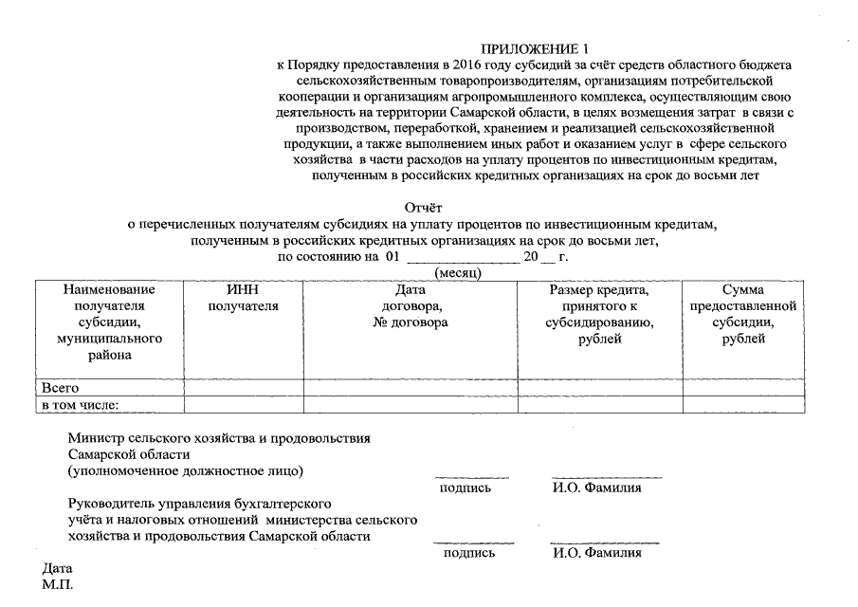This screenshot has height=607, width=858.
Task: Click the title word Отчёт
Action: [425, 207]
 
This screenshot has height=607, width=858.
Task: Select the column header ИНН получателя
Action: [244, 298]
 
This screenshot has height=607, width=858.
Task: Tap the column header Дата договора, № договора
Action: [411, 306]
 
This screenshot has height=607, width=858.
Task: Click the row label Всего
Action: [60, 387]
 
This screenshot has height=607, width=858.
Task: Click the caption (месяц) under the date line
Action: [458, 272]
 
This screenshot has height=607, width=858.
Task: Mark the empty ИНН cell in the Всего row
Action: [244, 387]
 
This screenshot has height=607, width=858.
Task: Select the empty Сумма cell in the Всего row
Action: [743, 387]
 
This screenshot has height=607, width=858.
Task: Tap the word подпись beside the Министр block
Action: [466, 488]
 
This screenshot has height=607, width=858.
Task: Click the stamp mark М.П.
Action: [57, 586]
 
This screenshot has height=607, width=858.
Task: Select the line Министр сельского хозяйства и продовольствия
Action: [219, 438]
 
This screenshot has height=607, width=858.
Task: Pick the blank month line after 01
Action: [462, 257]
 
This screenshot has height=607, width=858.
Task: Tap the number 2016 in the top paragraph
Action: [462, 64]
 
